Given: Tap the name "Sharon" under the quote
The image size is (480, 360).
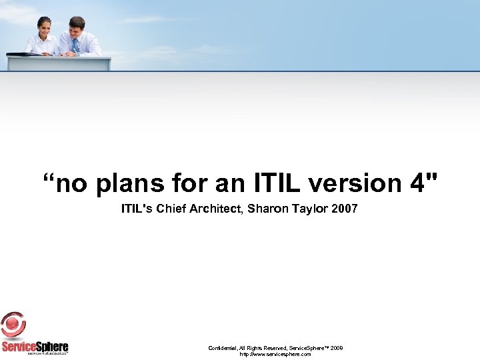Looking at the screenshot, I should pyautogui.click(x=266, y=209).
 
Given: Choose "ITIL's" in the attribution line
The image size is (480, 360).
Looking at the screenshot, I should pyautogui.click(x=137, y=209).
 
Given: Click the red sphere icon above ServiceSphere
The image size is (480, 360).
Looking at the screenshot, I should pyautogui.click(x=13, y=325).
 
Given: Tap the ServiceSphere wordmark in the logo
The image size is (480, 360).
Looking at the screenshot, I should pyautogui.click(x=35, y=346).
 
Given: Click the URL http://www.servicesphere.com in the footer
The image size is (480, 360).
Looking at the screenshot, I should pyautogui.click(x=275, y=354).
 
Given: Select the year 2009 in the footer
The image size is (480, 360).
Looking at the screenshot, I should pyautogui.click(x=337, y=348).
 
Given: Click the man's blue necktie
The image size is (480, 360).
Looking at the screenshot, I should pyautogui.click(x=75, y=45).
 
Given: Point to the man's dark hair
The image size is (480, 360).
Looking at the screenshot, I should pyautogui.click(x=77, y=21).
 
